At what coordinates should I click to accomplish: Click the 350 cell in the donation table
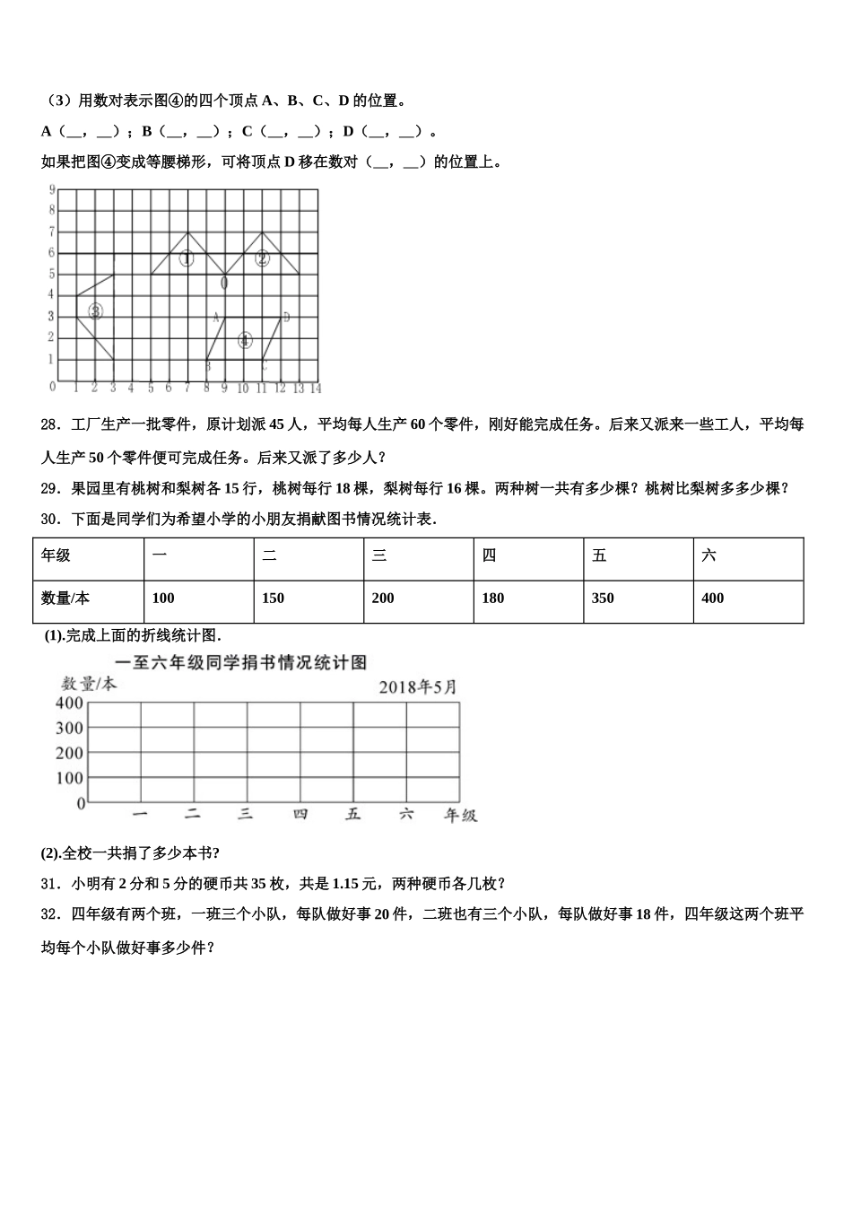click(x=603, y=599)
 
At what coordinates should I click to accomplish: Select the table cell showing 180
click(x=492, y=599)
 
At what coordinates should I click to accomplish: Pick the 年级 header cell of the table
click(x=56, y=556)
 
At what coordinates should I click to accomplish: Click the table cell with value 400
click(x=712, y=599)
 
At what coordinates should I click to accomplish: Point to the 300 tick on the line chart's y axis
click(x=69, y=729)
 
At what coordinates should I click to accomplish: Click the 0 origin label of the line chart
click(x=81, y=804)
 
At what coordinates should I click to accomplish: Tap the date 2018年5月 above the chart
click(x=417, y=687)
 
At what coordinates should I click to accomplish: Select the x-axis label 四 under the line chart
click(x=300, y=815)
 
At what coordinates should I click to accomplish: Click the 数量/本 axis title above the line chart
click(x=88, y=685)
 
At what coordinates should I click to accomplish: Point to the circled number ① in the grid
click(x=187, y=259)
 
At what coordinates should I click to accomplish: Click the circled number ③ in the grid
click(x=95, y=311)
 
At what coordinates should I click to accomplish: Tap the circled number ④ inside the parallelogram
click(x=245, y=340)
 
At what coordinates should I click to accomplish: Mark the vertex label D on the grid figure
click(x=286, y=317)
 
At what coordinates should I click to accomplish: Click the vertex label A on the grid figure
click(x=216, y=317)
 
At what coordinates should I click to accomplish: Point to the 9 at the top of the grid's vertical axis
click(x=53, y=190)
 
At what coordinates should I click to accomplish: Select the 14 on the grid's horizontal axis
click(x=315, y=389)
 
